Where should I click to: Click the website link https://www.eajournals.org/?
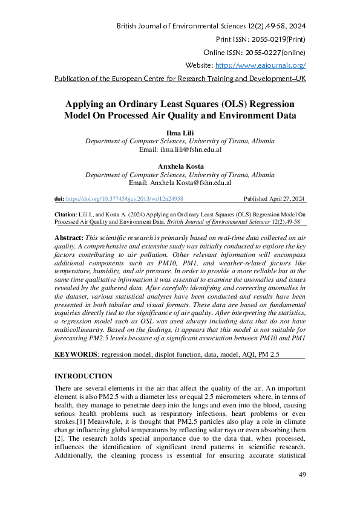[x=260, y=65]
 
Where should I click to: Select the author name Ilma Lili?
[x=180, y=132]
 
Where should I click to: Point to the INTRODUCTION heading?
[x=83, y=376]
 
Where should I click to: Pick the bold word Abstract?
[x=68, y=239]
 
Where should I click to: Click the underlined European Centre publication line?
[x=180, y=79]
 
